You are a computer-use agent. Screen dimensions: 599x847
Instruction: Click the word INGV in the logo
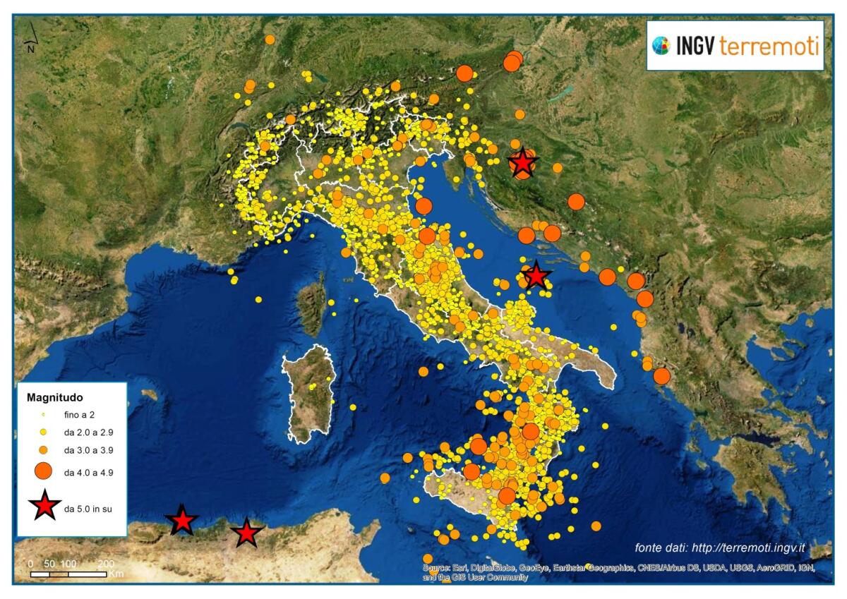pyautogui.click(x=696, y=47)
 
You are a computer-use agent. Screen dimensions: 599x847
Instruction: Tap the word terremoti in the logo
pyautogui.click(x=769, y=47)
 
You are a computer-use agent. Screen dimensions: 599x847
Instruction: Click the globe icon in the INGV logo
pyautogui.click(x=661, y=46)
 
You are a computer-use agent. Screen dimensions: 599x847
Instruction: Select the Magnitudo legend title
pyautogui.click(x=55, y=398)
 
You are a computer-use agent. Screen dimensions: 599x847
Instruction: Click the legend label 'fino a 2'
pyautogui.click(x=79, y=415)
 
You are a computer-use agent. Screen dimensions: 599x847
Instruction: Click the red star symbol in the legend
pyautogui.click(x=44, y=506)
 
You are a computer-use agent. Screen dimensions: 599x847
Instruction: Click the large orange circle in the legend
pyautogui.click(x=44, y=471)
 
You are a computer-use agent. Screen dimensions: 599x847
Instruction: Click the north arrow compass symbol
pyautogui.click(x=31, y=39)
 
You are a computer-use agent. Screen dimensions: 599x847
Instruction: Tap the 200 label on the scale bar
pyautogui.click(x=105, y=564)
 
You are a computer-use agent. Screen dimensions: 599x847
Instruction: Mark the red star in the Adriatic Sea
pyautogui.click(x=536, y=276)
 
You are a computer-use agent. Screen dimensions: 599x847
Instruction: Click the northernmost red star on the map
pyautogui.click(x=522, y=163)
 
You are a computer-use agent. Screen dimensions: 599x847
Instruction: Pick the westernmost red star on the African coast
pyautogui.click(x=182, y=521)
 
